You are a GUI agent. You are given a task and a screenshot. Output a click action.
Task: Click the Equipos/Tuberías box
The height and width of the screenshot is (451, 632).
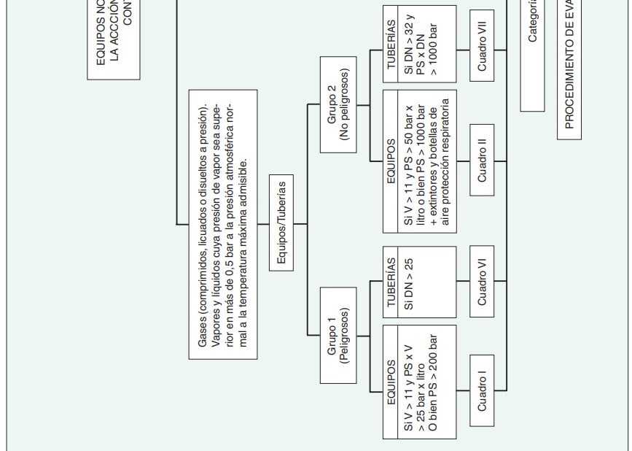[x=281, y=223]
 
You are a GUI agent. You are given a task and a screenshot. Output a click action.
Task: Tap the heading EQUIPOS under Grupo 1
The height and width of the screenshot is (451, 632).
[x=391, y=382]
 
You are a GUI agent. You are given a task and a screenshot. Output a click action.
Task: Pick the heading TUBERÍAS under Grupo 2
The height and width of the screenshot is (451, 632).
[x=391, y=47]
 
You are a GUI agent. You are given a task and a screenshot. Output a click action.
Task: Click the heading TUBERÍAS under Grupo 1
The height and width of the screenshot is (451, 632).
[x=391, y=283]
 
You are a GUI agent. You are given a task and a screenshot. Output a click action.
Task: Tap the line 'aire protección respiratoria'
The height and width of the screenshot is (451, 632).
[x=446, y=161]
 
